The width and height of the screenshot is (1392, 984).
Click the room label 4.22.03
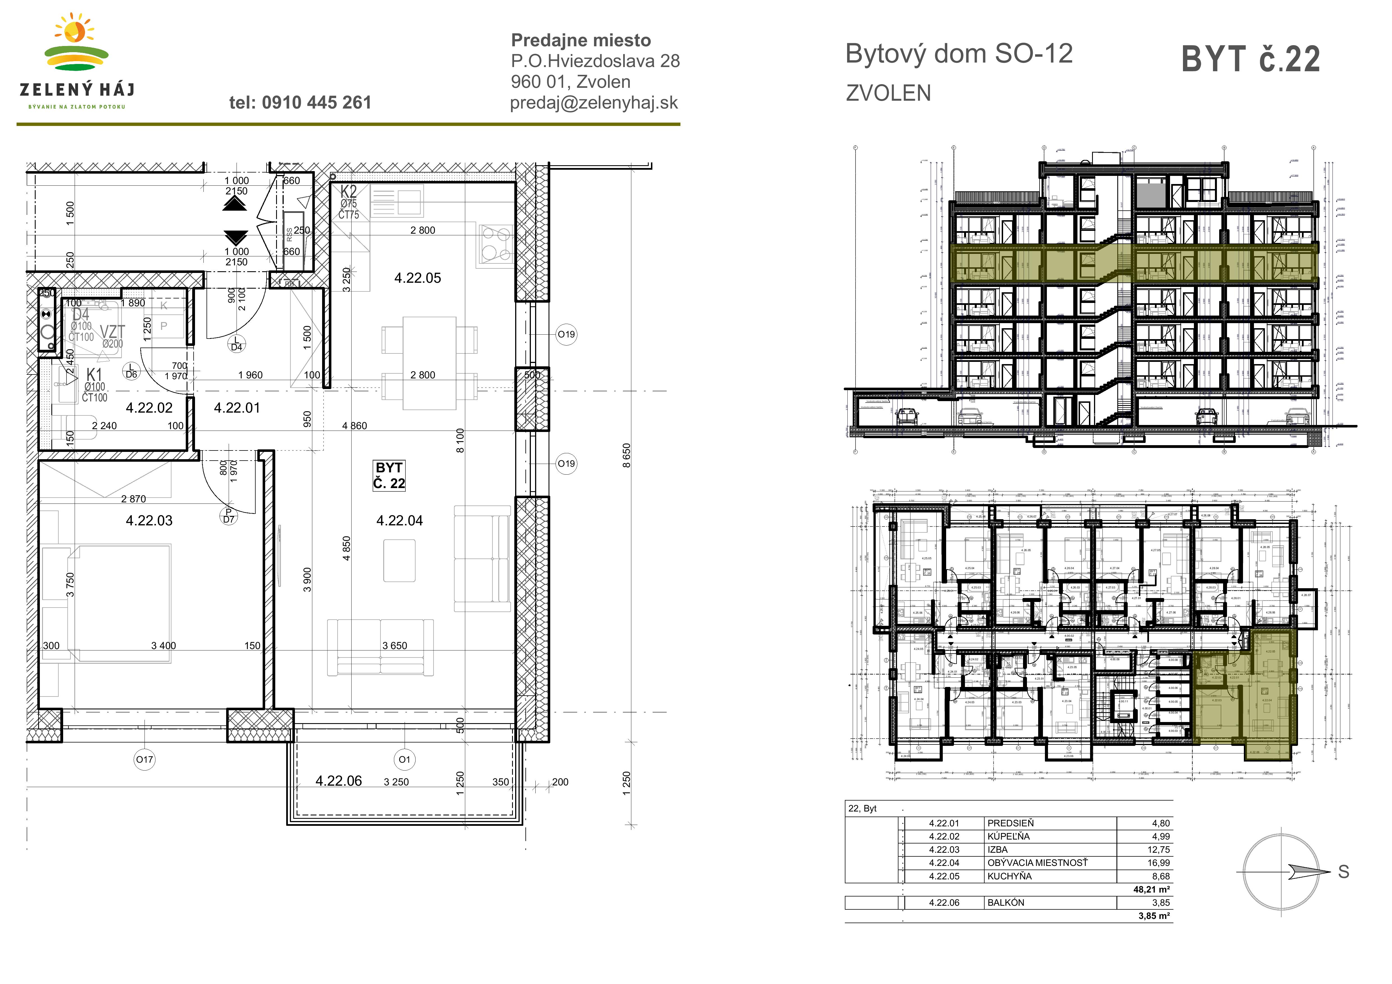point(149,521)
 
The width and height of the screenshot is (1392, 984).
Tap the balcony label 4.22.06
point(338,781)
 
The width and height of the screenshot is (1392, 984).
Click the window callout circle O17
point(144,759)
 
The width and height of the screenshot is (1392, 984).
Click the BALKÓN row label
point(1006,902)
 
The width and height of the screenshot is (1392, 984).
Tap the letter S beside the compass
point(1343,872)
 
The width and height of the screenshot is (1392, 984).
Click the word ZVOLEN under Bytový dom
point(888,93)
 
